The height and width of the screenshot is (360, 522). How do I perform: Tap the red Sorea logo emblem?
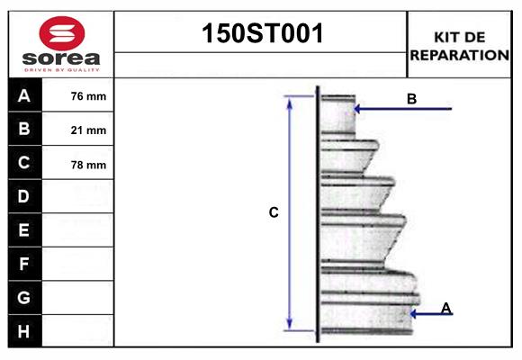[61, 34]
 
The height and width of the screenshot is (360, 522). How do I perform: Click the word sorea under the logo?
[61, 58]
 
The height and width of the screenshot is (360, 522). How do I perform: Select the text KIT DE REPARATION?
[460, 45]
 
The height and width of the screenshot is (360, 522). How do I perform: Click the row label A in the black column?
[24, 95]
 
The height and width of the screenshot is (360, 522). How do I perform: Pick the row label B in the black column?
[24, 129]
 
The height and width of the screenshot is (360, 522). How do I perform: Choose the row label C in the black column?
[24, 163]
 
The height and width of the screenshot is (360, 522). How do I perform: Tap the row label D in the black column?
[24, 196]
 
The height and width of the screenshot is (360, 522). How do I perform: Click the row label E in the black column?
[24, 230]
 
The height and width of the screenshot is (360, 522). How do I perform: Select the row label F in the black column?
[24, 264]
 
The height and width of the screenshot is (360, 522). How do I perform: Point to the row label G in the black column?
[24, 297]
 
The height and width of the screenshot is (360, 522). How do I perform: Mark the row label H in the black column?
[24, 331]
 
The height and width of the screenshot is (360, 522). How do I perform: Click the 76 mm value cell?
[88, 96]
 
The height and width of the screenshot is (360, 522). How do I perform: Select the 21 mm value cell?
[88, 130]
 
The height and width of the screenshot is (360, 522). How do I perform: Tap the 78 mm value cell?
[88, 165]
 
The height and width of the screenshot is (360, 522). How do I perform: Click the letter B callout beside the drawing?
[411, 99]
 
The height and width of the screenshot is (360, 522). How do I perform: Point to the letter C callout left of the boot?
[274, 213]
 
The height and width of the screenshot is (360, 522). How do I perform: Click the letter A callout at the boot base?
[445, 308]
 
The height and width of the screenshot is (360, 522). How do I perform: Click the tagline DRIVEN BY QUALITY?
[61, 69]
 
